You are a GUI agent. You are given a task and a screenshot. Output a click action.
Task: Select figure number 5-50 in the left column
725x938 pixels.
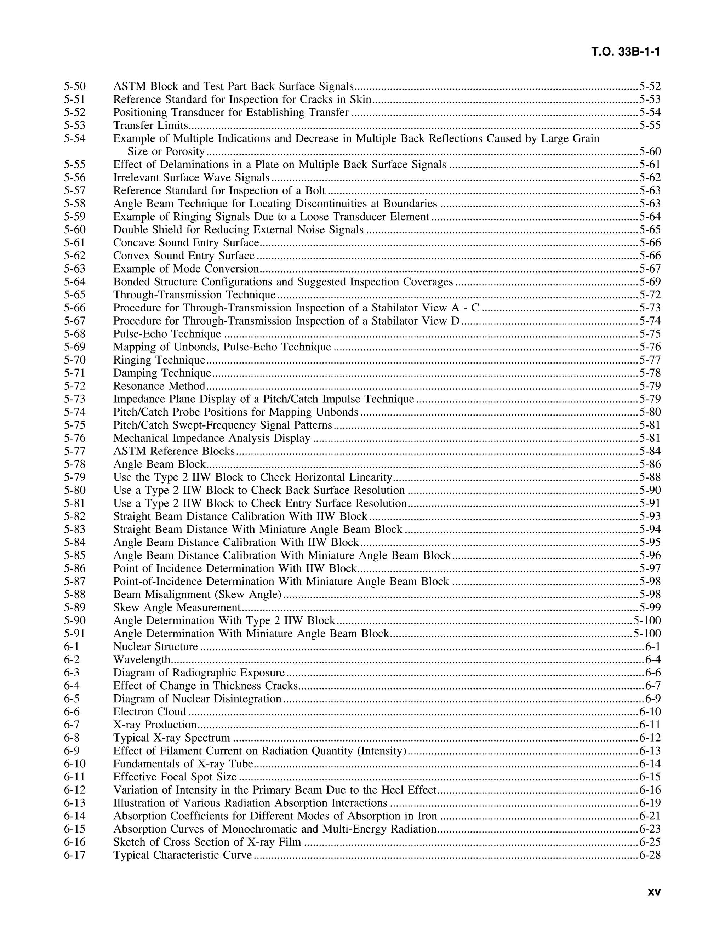[x=75, y=87]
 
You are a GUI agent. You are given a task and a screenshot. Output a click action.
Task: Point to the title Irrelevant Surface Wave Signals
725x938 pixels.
[x=191, y=178]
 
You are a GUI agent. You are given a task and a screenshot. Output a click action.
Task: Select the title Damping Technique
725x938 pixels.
[x=162, y=373]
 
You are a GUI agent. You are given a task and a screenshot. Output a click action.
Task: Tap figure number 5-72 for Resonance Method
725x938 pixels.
[x=75, y=386]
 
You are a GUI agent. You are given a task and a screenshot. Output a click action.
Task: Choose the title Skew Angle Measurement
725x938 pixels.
[x=177, y=608]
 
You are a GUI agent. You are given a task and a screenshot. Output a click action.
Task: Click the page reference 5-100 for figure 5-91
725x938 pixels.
[x=647, y=634]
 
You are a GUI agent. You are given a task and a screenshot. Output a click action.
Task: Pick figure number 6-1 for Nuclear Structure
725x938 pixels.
[x=72, y=647]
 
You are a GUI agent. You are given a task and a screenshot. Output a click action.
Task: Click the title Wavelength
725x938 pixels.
[x=142, y=660]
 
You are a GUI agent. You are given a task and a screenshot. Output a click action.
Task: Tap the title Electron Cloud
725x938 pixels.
[x=149, y=712]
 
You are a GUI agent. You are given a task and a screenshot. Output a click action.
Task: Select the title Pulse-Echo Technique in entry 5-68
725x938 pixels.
[x=167, y=334]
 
